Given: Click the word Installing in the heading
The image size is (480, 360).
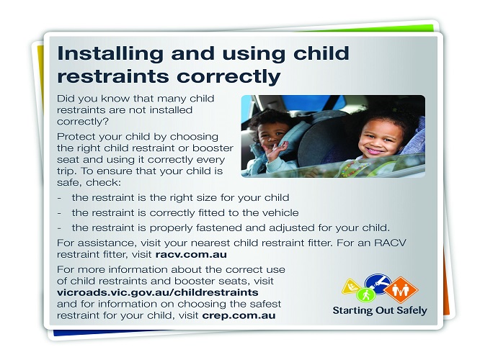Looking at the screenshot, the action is pos(110,54).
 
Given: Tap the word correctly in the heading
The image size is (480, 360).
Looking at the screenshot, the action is pos(228,76).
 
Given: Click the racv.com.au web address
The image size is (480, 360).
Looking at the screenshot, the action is pos(191,254).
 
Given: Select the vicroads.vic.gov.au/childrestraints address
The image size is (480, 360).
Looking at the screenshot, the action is pos(158,292).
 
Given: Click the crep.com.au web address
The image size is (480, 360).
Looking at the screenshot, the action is pos(239,315).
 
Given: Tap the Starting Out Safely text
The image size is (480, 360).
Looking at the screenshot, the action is pos(380,310).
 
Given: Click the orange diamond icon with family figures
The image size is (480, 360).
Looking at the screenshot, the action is pos(401,289).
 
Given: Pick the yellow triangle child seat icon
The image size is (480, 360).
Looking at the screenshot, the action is pos(352,287).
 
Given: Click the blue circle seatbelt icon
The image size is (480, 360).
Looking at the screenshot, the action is pos(378,283).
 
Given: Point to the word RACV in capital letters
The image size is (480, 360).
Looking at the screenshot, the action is pos(390,243).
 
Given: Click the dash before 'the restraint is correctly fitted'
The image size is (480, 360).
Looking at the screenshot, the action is pos(59,213).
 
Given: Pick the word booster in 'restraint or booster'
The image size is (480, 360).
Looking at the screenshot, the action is pos(213,148).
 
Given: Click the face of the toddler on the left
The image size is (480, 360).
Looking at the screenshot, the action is pos(270,134).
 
